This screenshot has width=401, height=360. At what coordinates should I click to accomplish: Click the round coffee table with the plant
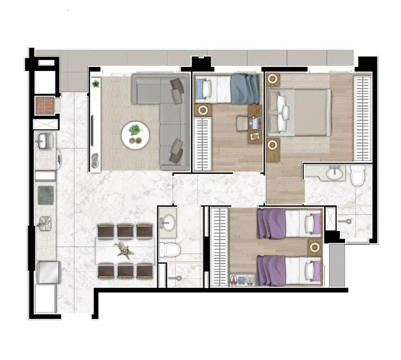135,134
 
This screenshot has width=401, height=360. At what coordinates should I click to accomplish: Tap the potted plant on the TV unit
96,84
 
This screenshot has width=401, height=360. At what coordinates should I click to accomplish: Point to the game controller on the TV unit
96,161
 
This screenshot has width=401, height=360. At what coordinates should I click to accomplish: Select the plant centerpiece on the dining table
125,251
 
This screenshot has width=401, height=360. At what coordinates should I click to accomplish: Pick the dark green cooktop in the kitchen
45,195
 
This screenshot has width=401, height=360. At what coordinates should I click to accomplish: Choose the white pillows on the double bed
279,111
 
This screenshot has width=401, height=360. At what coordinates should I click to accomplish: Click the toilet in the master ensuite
358,176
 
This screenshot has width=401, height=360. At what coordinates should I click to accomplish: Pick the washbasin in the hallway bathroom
167,223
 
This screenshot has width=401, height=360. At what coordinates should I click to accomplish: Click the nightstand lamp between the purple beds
315,246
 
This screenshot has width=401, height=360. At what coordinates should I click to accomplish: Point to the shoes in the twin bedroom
242,280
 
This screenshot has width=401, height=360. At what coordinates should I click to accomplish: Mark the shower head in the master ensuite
349,221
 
